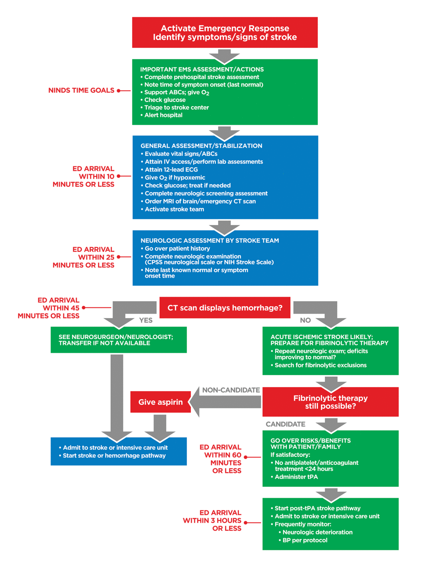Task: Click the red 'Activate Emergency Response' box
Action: point(225,33)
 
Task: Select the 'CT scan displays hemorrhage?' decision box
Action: point(225,308)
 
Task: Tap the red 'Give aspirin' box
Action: point(160,402)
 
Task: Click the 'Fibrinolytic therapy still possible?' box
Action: point(330,402)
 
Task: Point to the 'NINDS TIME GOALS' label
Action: point(81,90)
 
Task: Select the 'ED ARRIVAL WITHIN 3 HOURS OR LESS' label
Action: point(213,520)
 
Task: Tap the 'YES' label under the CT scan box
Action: point(146,320)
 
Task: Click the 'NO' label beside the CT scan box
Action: point(305,320)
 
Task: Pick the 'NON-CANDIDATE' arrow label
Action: point(231,390)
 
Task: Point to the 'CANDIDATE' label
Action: point(285,424)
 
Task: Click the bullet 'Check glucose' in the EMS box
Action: point(165,100)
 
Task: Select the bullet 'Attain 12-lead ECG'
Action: point(171,170)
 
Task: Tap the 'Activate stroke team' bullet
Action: point(174,209)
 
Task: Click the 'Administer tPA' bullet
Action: point(296,477)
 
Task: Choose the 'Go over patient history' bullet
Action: point(177,248)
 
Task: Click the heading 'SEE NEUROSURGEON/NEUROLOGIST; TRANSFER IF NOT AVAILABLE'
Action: point(116,340)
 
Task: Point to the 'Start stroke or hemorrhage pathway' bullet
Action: point(114,456)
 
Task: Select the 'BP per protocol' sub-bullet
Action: point(305,540)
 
